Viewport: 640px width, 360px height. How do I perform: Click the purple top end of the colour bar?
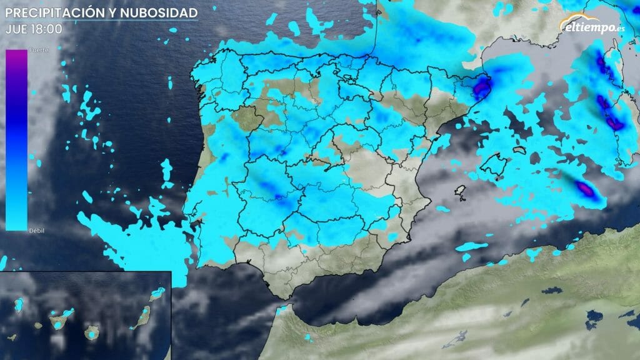tap(16, 56)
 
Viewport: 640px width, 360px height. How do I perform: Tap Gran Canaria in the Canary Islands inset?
tap(92, 332)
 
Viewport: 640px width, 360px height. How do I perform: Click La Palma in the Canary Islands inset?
tap(19, 304)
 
